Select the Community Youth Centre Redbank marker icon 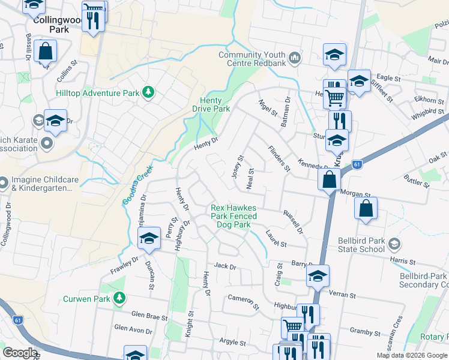[294, 58]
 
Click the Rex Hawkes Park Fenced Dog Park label [234, 216]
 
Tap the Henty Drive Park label [211, 104]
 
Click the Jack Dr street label [224, 265]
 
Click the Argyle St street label [229, 341]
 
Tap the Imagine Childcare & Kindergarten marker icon [4, 181]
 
